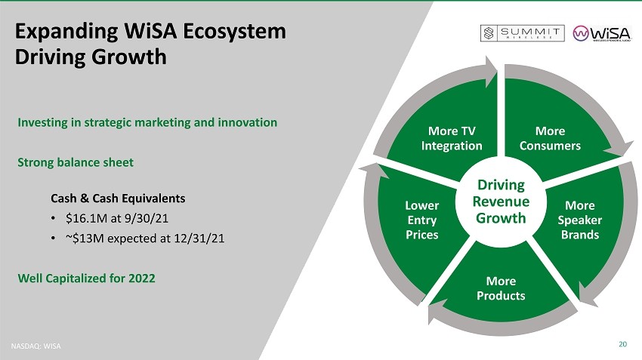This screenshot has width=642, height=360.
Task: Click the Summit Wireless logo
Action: click(522, 33)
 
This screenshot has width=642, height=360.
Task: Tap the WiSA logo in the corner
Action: click(602, 33)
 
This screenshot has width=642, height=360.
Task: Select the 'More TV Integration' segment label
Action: click(452, 138)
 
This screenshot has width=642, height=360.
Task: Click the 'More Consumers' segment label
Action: click(550, 138)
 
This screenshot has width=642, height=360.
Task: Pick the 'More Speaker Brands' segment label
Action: click(580, 220)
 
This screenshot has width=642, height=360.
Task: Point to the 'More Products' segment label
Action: click(501, 288)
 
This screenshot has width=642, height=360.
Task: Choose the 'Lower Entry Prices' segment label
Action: click(421, 220)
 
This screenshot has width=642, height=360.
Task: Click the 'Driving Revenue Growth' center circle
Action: click(501, 202)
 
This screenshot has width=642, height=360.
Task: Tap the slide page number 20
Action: click(622, 344)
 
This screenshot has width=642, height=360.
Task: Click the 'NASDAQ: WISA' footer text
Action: click(35, 346)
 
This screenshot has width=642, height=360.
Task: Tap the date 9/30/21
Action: click(147, 218)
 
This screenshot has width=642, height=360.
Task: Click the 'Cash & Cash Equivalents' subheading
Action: click(118, 198)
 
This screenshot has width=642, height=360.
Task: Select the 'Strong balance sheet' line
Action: click(76, 162)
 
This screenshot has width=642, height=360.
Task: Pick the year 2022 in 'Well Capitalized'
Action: click(142, 278)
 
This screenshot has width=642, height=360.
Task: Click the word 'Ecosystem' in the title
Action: click(234, 32)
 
